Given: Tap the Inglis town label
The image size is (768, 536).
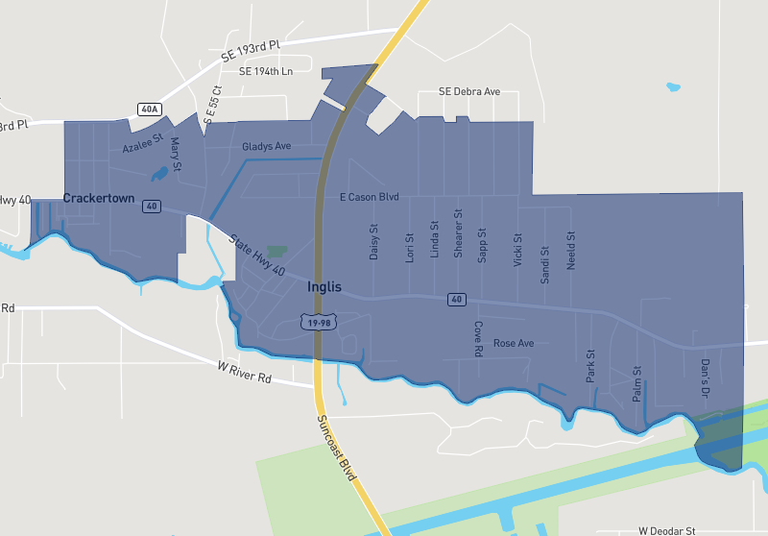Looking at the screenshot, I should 324,286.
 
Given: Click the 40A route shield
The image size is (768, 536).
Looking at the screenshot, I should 150,109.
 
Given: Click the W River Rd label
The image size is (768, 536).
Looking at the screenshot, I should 245,372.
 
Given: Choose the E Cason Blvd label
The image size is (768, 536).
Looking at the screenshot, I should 369,197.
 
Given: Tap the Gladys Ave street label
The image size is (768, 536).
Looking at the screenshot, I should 267,147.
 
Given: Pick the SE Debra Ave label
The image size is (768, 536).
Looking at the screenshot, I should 469,91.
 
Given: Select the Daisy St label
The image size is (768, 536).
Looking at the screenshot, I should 374,242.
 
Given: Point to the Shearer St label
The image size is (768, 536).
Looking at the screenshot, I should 458,233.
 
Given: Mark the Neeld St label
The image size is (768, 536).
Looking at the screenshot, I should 570,250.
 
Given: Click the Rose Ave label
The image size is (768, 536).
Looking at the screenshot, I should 513,343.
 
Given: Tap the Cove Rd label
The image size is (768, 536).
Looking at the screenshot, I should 477,339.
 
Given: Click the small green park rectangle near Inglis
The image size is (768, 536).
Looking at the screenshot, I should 276,251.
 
